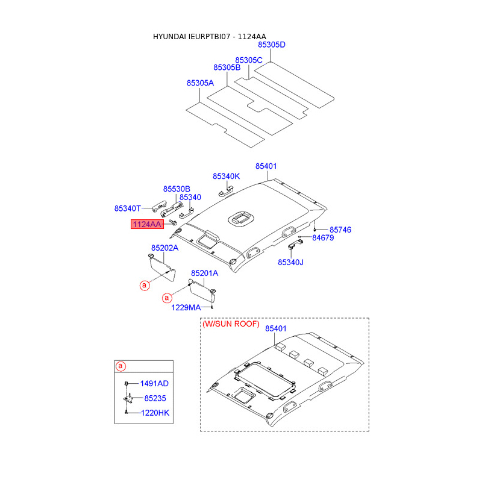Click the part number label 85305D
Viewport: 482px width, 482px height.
pyautogui.click(x=272, y=45)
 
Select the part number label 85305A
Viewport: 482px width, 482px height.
pyautogui.click(x=200, y=83)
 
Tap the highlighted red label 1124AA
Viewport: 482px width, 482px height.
pyautogui.click(x=148, y=225)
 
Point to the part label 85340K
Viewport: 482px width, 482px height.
pyautogui.click(x=226, y=176)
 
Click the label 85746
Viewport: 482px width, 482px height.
pyautogui.click(x=340, y=230)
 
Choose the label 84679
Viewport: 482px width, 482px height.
pyautogui.click(x=323, y=238)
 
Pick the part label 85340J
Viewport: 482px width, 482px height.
pyautogui.click(x=290, y=262)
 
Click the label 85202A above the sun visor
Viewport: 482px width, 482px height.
pyautogui.click(x=165, y=247)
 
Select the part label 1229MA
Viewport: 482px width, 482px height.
pyautogui.click(x=186, y=307)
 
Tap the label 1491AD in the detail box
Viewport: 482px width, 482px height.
pyautogui.click(x=154, y=383)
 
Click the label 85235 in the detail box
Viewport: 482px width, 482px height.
pyautogui.click(x=155, y=398)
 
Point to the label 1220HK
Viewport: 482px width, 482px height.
pyautogui.click(x=155, y=413)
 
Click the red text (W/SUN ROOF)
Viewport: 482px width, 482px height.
pyautogui.click(x=231, y=324)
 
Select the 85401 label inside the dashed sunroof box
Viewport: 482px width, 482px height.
pyautogui.click(x=276, y=328)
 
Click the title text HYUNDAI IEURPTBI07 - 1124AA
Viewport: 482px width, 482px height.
pyautogui.click(x=209, y=37)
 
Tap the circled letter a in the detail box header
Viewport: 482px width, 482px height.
pyautogui.click(x=120, y=366)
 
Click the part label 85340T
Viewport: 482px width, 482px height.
pyautogui.click(x=127, y=208)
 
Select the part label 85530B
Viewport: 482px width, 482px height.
pyautogui.click(x=177, y=189)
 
